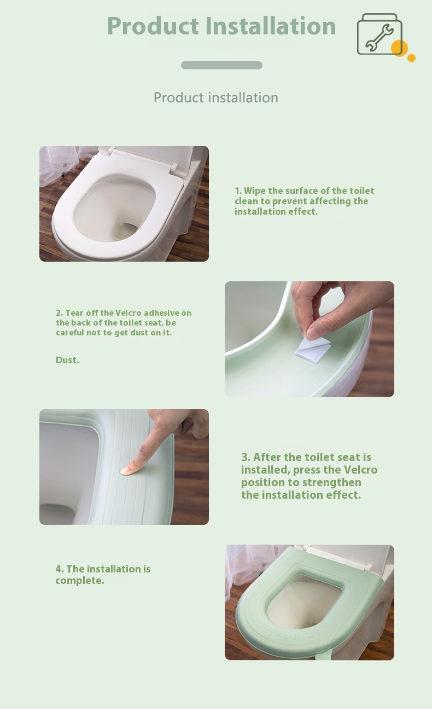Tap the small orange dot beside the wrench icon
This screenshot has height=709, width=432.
click(411, 58)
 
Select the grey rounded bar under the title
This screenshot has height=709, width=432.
click(221, 65)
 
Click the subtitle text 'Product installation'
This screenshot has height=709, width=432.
click(216, 97)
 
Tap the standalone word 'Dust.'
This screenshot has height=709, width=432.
click(67, 360)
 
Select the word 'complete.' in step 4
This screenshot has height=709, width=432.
click(80, 581)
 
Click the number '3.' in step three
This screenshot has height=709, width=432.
click(246, 457)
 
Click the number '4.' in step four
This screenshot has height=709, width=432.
click(60, 569)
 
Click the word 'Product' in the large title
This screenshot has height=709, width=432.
click(153, 26)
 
